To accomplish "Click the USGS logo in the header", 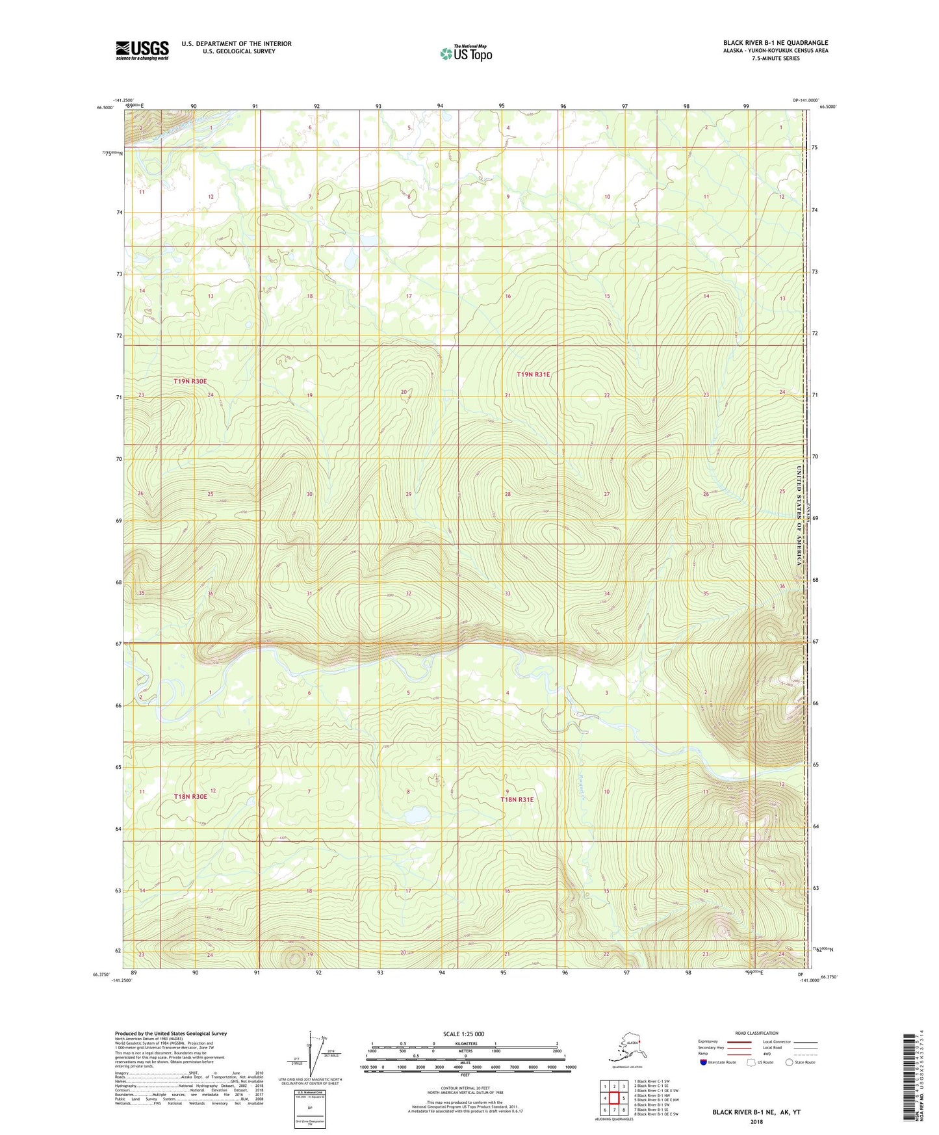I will [x=142, y=50].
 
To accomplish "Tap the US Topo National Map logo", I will [x=466, y=53].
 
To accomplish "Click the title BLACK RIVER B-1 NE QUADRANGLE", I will [x=775, y=43].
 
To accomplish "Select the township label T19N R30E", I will [x=190, y=381].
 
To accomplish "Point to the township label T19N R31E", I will [x=533, y=374].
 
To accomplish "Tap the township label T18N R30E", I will [x=190, y=796].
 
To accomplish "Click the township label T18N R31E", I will [x=517, y=800].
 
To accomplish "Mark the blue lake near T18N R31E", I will [x=416, y=815].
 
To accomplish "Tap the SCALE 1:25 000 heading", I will [x=463, y=1034].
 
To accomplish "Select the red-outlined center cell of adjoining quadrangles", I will [x=613, y=1098].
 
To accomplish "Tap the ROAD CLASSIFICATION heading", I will [x=756, y=1033].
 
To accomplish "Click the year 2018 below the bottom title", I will [x=756, y=1121].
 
